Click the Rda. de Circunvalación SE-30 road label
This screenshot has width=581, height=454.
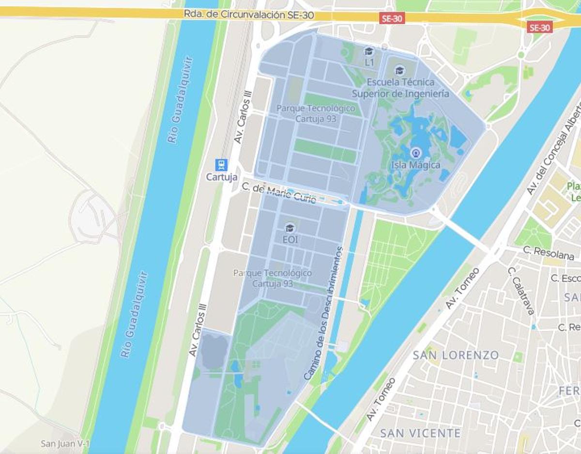pyautogui.click(x=249, y=15)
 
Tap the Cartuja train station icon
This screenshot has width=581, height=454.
pyautogui.click(x=222, y=165)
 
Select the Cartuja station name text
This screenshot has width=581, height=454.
pyautogui.click(x=222, y=177)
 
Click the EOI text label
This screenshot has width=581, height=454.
pyautogui.click(x=290, y=240)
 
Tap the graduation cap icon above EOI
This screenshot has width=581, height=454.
pyautogui.click(x=290, y=228)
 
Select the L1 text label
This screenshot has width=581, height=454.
pyautogui.click(x=369, y=63)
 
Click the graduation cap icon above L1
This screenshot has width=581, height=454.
pyautogui.click(x=369, y=51)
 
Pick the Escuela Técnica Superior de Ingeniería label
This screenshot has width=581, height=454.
pyautogui.click(x=400, y=88)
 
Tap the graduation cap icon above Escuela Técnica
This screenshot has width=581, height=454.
pyautogui.click(x=399, y=71)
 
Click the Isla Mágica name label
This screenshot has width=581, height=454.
pyautogui.click(x=416, y=165)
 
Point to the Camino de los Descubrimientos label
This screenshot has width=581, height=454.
pyautogui.click(x=323, y=313)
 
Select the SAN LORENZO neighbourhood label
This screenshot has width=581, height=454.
pyautogui.click(x=456, y=355)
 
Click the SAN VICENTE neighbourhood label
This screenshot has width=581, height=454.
pyautogui.click(x=420, y=433)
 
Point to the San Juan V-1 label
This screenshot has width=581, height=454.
pyautogui.click(x=65, y=443)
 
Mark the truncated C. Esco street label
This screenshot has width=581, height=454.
pyautogui.click(x=566, y=278)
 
